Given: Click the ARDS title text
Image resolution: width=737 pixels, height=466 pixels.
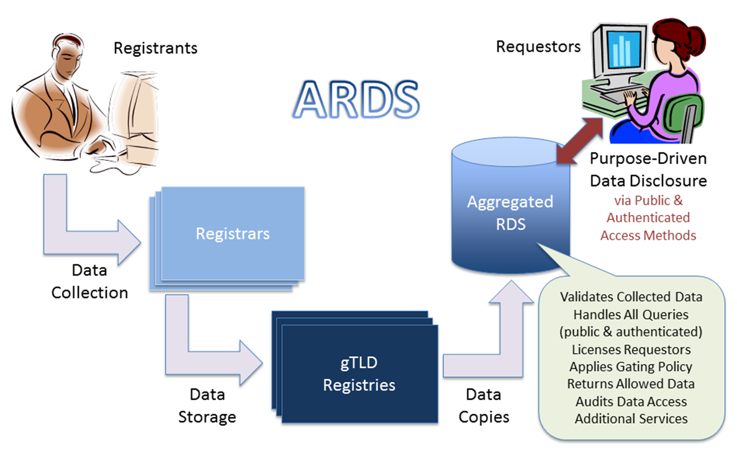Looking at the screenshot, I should (356, 98).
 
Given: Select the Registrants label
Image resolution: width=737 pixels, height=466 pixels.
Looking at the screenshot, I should (155, 48).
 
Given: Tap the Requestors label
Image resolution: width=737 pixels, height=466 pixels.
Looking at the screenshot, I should (538, 47).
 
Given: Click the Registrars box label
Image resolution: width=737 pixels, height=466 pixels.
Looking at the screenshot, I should (233, 234).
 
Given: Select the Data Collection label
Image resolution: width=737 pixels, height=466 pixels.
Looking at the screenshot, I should (89, 281).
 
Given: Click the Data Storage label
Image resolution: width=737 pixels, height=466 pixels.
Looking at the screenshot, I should (207, 406).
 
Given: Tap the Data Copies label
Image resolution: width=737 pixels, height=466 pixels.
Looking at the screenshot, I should (484, 406).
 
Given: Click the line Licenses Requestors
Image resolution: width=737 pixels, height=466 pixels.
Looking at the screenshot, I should (631, 349).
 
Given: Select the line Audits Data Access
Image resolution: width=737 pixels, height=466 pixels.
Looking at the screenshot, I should (631, 401).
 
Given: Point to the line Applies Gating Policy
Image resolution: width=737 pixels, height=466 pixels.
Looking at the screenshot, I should (631, 367).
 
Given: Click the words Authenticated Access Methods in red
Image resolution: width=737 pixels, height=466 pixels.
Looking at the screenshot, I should (648, 226).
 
